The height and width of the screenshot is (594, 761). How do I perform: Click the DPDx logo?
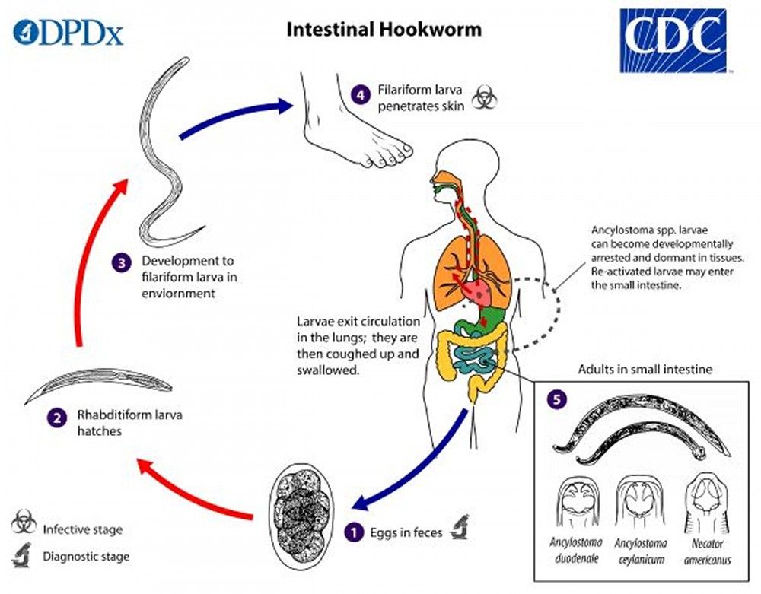tap(68, 33)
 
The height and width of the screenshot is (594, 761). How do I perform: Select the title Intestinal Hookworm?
tap(384, 30)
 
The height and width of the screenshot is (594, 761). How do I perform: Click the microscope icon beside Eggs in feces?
tap(458, 528)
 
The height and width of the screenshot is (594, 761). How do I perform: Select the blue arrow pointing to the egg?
tap(415, 463)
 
